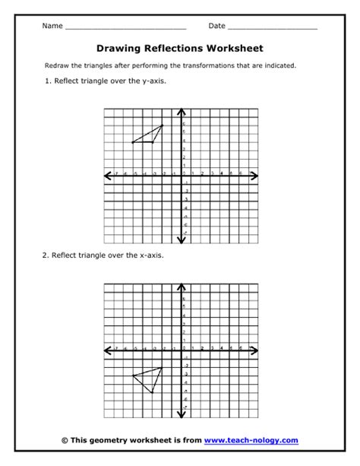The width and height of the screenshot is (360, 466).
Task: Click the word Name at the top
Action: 52,26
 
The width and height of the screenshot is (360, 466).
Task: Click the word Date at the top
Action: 217,26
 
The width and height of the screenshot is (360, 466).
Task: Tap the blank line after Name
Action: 125,28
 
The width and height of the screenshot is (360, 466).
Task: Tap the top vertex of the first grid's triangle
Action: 163,125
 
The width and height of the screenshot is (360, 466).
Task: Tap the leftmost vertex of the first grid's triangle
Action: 132,142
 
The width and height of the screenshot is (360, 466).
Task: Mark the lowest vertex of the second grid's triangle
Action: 153,392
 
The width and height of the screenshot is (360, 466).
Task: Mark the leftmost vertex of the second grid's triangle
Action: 132,375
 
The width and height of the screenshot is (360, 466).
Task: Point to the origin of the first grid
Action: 182,176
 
